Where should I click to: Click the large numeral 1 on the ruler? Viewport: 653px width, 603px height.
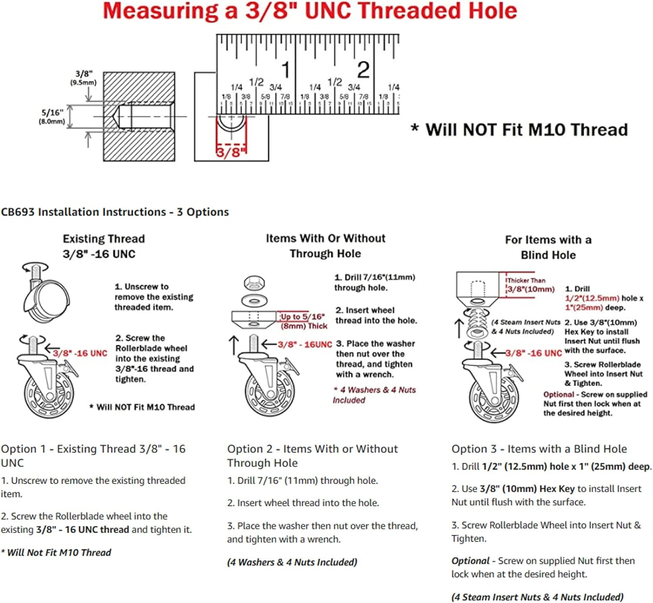[286, 70]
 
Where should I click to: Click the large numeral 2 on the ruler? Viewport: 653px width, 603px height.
[363, 70]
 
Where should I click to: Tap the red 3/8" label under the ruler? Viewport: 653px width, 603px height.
[229, 152]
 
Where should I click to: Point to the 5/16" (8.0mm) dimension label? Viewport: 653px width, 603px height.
[52, 117]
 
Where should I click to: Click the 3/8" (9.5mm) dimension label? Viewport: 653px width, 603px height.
[84, 78]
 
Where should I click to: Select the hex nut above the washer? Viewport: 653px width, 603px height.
[254, 283]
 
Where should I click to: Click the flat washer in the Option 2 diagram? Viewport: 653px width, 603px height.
[255, 300]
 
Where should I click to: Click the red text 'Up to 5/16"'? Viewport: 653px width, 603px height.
[303, 317]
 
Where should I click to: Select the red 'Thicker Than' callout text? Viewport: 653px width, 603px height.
[526, 280]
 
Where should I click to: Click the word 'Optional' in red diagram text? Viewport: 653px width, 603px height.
[559, 394]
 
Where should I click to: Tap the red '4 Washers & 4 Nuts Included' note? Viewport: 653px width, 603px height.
[374, 395]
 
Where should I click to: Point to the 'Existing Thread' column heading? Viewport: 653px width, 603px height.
[104, 239]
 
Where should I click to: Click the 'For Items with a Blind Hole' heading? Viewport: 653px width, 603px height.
[548, 247]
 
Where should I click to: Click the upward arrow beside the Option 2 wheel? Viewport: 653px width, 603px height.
[234, 345]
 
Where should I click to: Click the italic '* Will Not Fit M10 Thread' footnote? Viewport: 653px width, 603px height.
[56, 552]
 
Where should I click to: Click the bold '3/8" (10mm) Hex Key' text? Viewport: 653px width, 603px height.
[527, 489]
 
